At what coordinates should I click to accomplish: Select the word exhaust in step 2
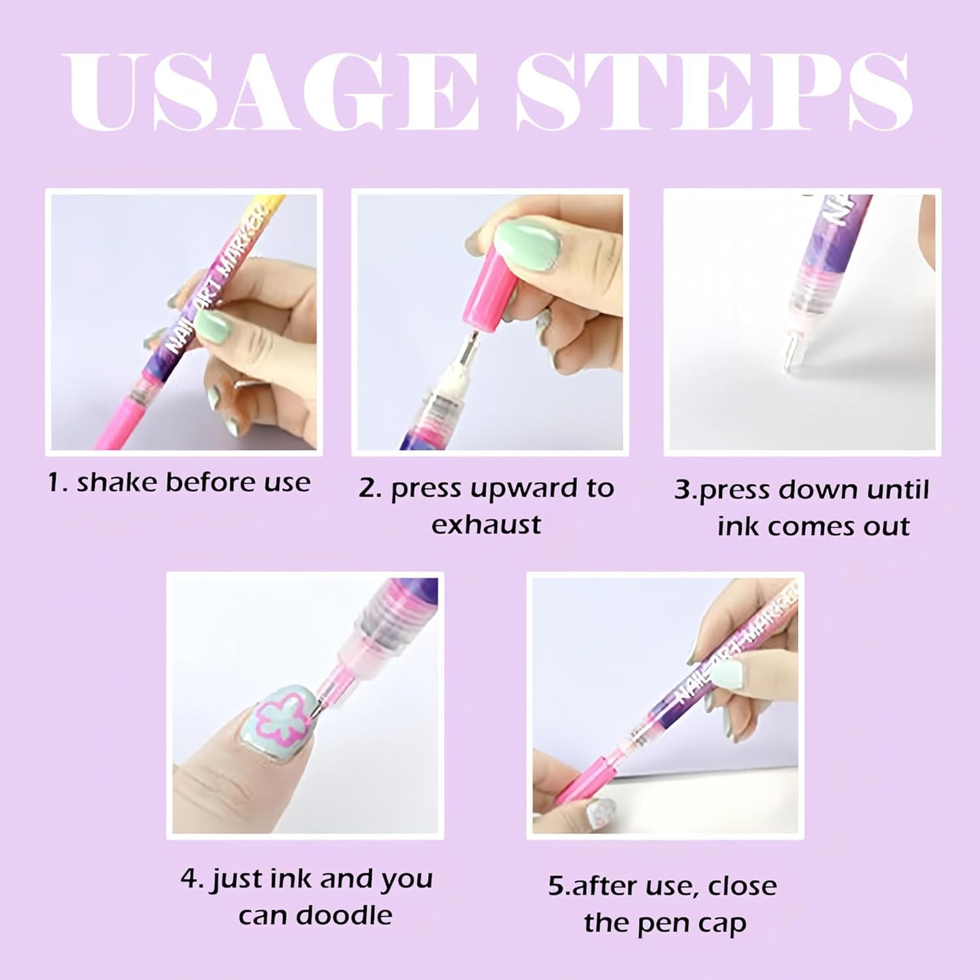[x=486, y=525]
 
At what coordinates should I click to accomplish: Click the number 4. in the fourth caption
[x=193, y=879]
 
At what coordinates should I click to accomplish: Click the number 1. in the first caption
[x=58, y=483]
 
